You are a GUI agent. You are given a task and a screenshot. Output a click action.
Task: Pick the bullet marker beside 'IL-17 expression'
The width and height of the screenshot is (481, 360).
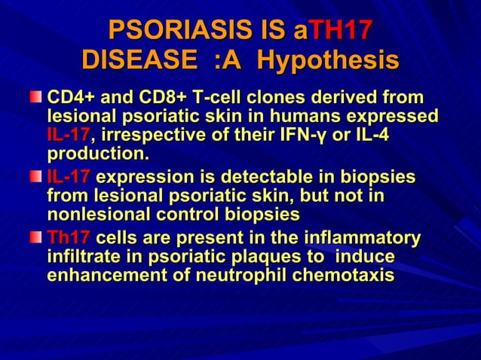click(x=36, y=178)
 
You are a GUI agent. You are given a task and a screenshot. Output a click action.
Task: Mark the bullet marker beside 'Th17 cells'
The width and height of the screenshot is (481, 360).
click(x=36, y=239)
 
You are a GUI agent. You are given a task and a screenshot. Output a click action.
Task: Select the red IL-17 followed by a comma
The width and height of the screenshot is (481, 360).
click(x=68, y=136)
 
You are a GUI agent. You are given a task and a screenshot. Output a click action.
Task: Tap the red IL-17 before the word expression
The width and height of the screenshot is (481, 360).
click(x=69, y=178)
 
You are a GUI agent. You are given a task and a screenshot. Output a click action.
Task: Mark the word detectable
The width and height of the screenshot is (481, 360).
click(x=252, y=178)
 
